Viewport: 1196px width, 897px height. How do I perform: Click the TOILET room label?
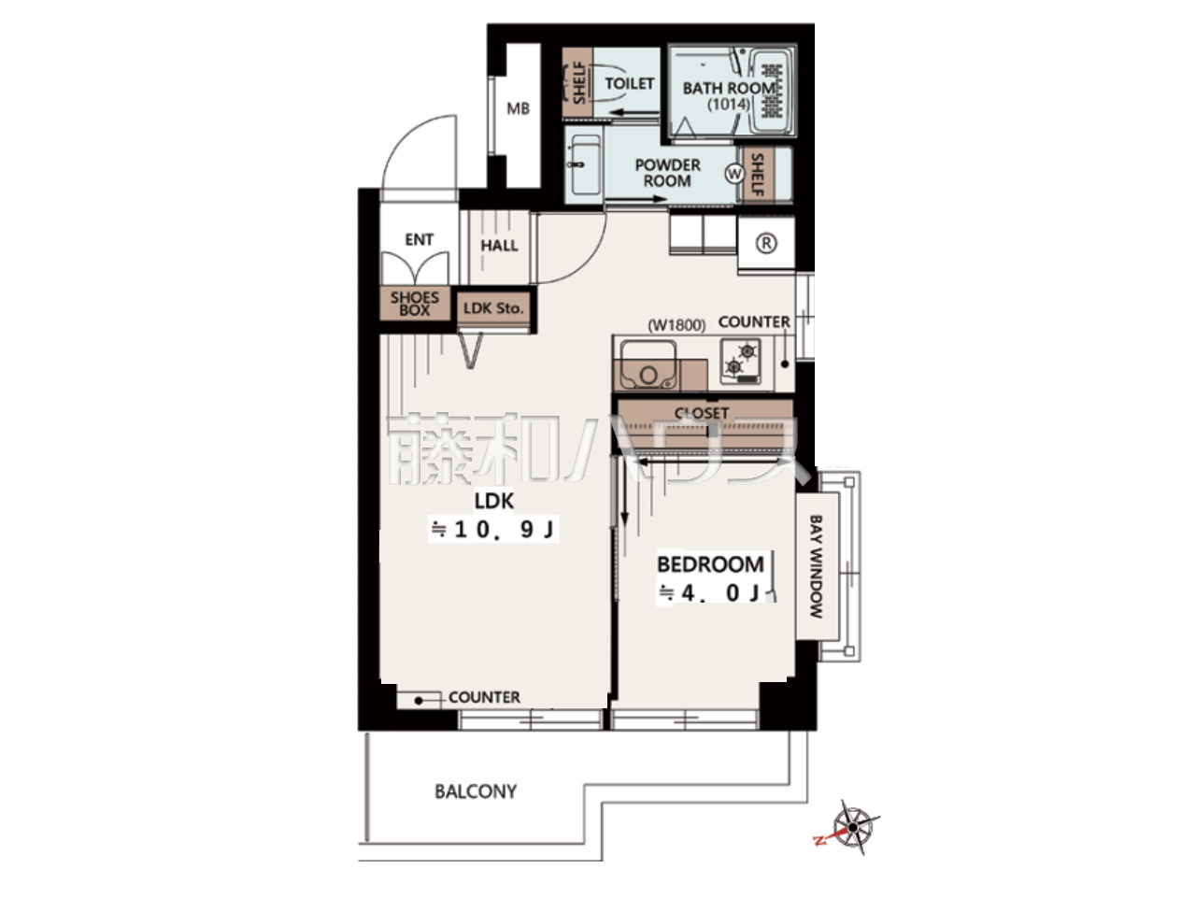point(629,83)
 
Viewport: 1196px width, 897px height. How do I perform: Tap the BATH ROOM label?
point(729,88)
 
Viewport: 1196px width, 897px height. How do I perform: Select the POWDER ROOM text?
point(667,173)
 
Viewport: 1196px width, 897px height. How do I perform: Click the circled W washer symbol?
point(733,174)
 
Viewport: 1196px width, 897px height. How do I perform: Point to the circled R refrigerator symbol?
point(766,244)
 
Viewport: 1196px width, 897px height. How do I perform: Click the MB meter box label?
point(518,109)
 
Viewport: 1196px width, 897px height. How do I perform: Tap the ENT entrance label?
point(419,239)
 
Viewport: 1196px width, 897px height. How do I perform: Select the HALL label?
point(499,246)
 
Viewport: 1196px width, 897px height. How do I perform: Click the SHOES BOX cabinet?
point(415,304)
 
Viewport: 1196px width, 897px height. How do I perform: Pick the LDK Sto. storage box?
point(493,308)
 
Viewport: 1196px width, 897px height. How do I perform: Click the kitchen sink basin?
point(648,365)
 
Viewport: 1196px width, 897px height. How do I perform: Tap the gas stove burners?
point(741,361)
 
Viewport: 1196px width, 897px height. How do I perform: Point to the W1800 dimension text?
point(676,326)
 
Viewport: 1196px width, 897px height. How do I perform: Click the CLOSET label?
point(702,413)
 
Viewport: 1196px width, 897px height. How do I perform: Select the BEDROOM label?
point(710,564)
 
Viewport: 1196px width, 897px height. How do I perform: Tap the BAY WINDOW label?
point(816,566)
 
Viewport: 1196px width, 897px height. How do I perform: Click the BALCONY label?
point(476,791)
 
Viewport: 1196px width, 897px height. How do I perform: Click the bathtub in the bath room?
point(771,92)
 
